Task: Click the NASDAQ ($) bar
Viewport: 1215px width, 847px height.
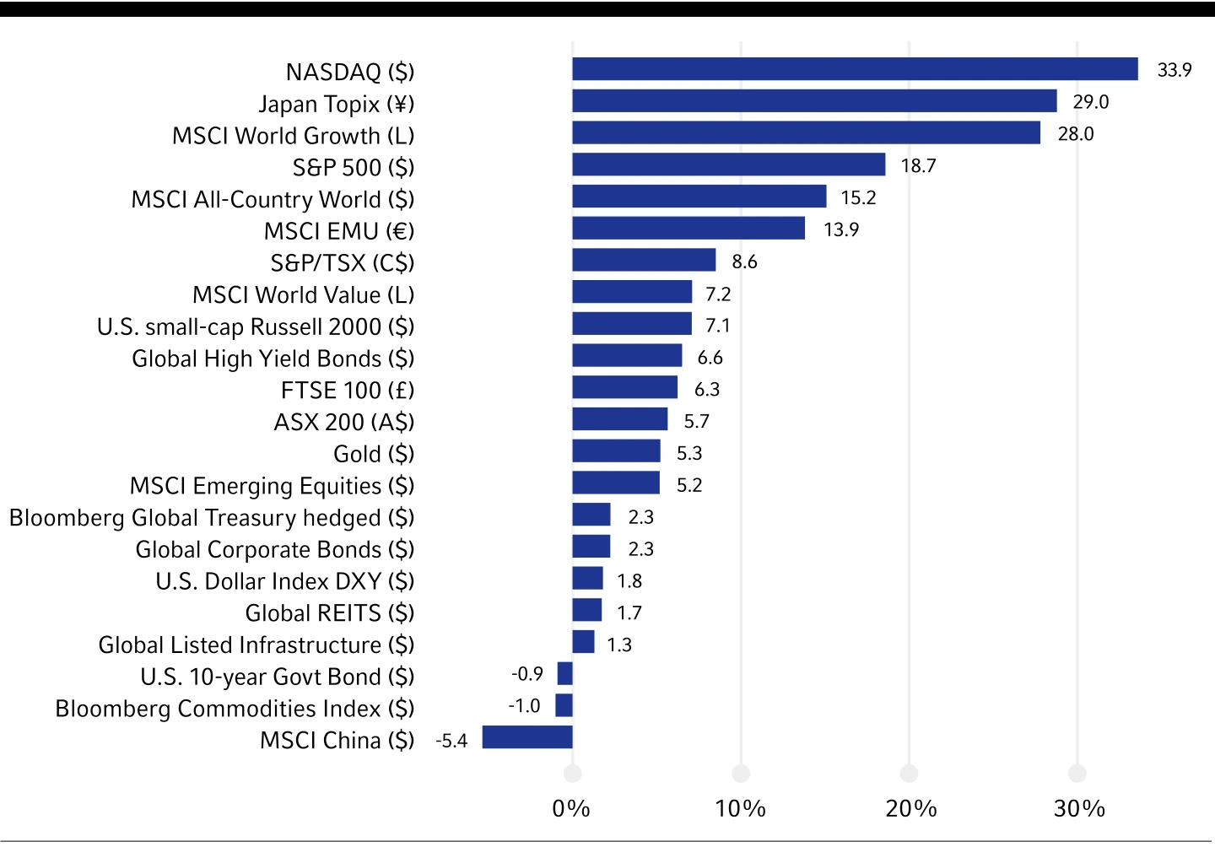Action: click(855, 69)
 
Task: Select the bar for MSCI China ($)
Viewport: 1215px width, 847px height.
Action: click(527, 737)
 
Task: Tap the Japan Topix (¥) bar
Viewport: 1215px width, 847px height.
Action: click(814, 101)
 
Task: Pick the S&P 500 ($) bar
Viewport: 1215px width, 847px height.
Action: click(729, 165)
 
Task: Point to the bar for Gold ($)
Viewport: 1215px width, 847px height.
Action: click(616, 451)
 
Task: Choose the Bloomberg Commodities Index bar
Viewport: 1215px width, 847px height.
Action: click(564, 705)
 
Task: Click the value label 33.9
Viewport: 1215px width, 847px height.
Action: click(1174, 70)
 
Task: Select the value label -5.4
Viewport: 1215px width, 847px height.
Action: click(451, 741)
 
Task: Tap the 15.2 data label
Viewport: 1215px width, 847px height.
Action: click(858, 197)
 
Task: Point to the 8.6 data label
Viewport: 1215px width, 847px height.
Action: click(744, 262)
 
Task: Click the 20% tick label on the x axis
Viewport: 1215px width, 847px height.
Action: click(910, 808)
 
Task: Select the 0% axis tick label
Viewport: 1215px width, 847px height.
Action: click(571, 808)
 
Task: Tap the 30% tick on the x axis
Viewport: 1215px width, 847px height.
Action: click(1079, 808)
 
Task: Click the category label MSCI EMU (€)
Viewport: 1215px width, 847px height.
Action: click(339, 231)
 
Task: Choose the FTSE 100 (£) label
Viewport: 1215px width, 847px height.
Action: click(348, 391)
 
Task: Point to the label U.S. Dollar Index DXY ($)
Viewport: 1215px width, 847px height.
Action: click(285, 581)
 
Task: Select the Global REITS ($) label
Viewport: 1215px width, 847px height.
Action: click(330, 613)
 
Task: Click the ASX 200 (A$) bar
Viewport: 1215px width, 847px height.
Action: click(619, 419)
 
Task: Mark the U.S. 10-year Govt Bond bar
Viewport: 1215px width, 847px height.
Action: click(564, 673)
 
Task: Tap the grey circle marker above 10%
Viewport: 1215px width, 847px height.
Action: click(741, 773)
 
